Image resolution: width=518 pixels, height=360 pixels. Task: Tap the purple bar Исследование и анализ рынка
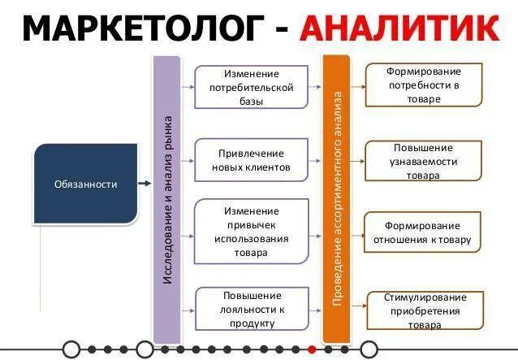click(166, 199)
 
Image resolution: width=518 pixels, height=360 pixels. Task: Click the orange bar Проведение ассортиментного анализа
click(336, 199)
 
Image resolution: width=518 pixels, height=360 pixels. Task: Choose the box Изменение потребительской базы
click(251, 87)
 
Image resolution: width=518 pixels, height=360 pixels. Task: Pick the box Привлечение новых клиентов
click(251, 160)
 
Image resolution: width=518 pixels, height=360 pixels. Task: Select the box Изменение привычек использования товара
click(251, 232)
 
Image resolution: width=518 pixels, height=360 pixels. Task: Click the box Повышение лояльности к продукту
click(251, 309)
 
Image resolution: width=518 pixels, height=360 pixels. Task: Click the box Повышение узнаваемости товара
click(425, 161)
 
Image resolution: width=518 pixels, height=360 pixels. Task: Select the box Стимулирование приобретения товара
click(424, 310)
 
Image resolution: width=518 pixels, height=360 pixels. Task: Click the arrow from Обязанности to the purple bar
click(145, 184)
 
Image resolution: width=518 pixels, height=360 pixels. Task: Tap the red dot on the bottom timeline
click(311, 349)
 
